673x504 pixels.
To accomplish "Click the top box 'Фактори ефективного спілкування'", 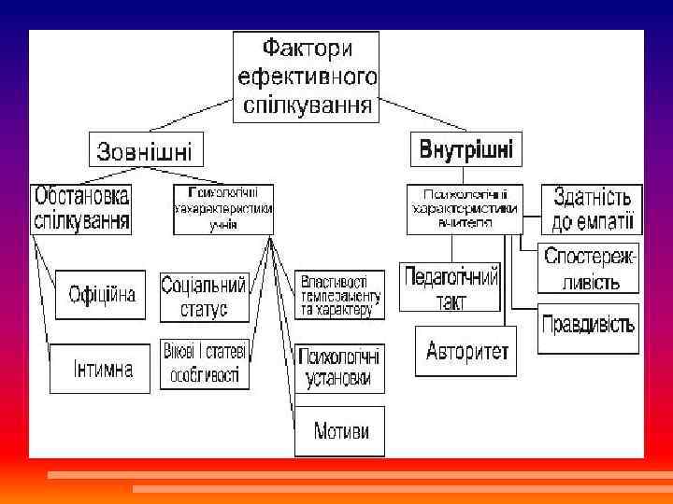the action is coord(307,76).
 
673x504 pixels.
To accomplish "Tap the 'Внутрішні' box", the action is coord(465,149).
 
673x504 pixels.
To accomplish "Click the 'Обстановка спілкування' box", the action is coord(81,209).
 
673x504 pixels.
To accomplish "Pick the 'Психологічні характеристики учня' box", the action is coord(223,209).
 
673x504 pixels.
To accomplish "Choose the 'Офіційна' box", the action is coord(102,295).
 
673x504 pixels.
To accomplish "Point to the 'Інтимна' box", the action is coord(102,368).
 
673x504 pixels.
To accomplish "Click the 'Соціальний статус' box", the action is coord(203,296).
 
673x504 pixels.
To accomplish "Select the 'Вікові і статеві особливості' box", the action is coord(204,363).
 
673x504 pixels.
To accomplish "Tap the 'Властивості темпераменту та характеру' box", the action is coord(338,295).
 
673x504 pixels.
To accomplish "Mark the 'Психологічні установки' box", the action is coord(338,367).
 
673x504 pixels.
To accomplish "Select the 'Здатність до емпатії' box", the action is coord(593,209).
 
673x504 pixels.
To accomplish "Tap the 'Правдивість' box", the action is coord(589,327).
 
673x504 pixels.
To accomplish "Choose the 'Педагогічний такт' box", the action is coord(451,287).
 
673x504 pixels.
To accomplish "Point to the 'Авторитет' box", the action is coord(465,352).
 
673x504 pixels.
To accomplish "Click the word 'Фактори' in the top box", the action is coord(306,47).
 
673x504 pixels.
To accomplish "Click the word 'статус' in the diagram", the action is coord(204,308).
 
